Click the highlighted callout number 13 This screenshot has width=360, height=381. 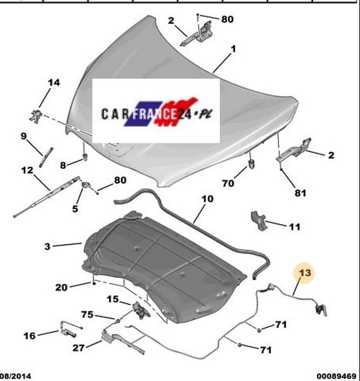point(305,273)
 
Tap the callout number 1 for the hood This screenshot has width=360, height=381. point(233,49)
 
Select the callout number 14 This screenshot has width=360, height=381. point(54,83)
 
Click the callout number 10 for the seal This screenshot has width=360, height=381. point(207,199)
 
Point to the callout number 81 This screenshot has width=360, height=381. point(301,193)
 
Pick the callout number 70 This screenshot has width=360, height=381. point(228,183)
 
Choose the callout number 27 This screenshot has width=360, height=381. point(78,348)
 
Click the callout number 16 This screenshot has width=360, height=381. point(29,336)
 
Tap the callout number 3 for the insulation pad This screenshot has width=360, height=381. point(47,246)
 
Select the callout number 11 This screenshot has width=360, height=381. point(295,227)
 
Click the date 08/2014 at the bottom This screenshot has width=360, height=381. point(16,376)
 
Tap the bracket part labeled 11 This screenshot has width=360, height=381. point(259,220)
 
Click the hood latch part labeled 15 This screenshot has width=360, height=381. point(141,309)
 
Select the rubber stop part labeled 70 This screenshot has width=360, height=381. point(251,164)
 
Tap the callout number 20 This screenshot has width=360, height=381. point(62,288)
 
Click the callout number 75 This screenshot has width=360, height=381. point(87,314)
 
